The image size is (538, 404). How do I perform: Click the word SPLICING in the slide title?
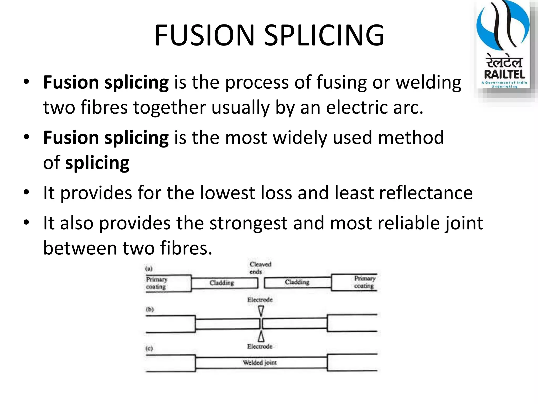pos(324,35)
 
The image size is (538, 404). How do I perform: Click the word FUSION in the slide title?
pos(205,35)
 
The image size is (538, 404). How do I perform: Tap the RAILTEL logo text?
pos(505,74)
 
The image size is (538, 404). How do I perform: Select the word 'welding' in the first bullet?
pos(428,83)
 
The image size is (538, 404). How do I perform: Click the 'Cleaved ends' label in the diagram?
pos(260,268)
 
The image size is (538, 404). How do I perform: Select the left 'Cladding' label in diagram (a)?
pos(222,283)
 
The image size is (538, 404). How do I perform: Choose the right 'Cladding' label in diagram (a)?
pos(297,282)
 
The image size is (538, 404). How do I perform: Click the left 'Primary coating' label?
pos(157,283)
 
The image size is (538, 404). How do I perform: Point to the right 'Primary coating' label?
pos(365,282)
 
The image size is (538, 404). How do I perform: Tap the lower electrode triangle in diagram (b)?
pos(261,336)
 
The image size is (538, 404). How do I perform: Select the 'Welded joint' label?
pos(260,363)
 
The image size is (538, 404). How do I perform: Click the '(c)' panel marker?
pos(149,349)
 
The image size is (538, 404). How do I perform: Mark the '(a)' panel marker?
pos(149,269)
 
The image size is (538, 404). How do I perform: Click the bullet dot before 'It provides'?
pos(26,192)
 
